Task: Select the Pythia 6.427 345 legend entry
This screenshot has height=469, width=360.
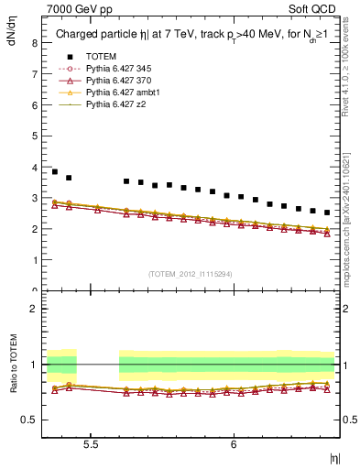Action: click(123, 69)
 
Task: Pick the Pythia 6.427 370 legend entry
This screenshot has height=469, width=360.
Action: click(123, 81)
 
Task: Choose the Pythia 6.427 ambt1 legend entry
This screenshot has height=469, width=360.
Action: click(125, 93)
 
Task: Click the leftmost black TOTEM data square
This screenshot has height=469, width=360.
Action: click(55, 171)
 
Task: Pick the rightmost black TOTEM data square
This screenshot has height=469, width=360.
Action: click(327, 213)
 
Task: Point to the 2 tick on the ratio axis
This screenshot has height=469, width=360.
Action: click(33, 310)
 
